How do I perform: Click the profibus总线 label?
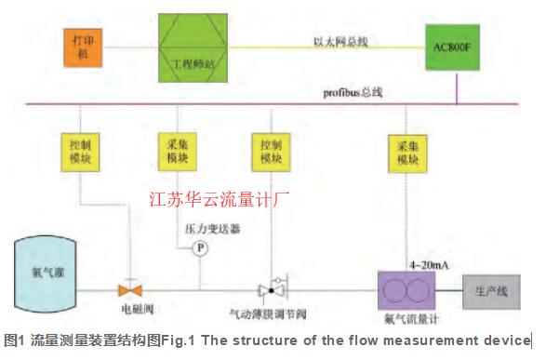[x=352, y=92]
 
